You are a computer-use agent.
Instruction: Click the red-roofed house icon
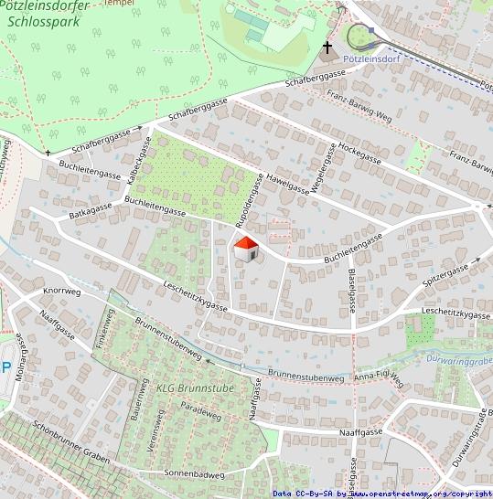click(245, 247)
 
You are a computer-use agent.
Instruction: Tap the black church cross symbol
click(327, 47)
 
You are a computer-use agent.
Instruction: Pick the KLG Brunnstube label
click(195, 388)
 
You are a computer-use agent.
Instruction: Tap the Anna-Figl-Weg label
click(379, 377)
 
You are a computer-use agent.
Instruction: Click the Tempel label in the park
click(119, 3)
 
